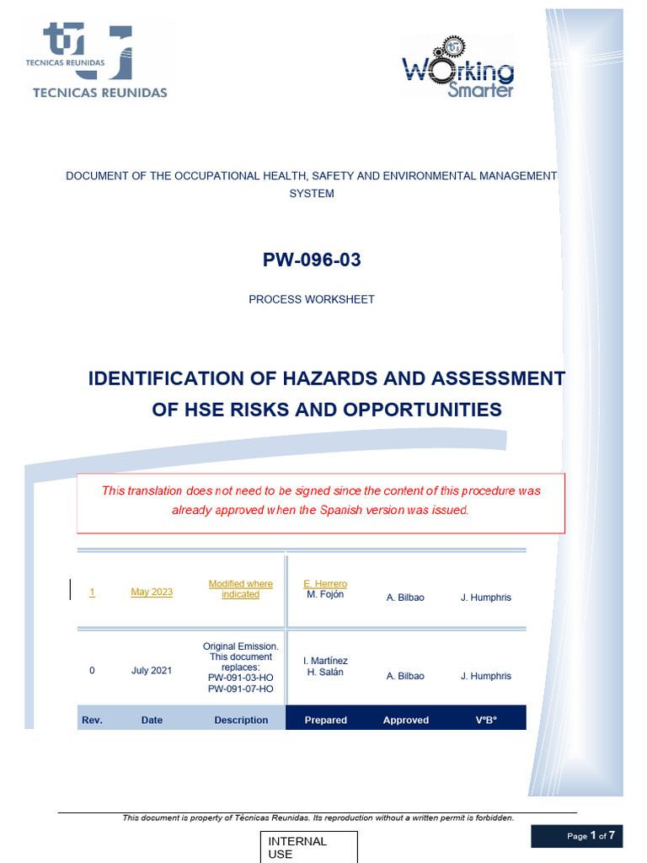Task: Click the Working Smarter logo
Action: [457, 67]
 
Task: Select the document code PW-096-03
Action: [312, 260]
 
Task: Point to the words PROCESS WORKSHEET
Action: [312, 299]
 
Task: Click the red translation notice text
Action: [321, 501]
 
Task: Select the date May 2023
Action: [152, 592]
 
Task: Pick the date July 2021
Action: [152, 671]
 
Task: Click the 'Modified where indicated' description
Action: [241, 589]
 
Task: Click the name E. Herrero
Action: [325, 584]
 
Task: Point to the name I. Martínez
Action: [325, 661]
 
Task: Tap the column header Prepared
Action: [325, 721]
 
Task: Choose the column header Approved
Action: [406, 721]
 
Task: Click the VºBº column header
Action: [487, 721]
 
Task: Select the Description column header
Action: [241, 721]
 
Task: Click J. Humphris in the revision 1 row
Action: [485, 598]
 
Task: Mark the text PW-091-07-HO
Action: [241, 689]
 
